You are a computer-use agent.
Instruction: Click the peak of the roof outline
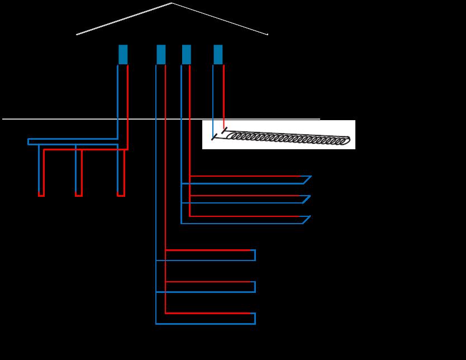(172, 3)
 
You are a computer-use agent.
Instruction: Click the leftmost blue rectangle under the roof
(123, 55)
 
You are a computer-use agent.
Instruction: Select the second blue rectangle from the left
(161, 55)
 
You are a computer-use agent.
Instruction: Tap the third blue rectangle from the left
(186, 55)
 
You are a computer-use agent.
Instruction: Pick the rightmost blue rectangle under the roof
(218, 55)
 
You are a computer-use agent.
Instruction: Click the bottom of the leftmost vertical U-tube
(41, 195)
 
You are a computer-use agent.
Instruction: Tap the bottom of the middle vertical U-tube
(79, 195)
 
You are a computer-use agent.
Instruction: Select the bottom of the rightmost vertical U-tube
(121, 195)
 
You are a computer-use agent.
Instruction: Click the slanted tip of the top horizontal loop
(307, 179)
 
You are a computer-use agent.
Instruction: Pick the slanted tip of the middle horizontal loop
(306, 200)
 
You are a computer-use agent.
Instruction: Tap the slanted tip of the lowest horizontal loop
(306, 220)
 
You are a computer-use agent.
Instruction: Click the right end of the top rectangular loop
(255, 255)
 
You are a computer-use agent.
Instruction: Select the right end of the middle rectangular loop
(255, 287)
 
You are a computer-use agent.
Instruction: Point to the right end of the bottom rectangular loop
(255, 319)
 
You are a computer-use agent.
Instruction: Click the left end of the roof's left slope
(77, 35)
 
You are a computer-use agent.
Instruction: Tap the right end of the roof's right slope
(268, 35)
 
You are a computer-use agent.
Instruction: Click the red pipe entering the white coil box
(224, 125)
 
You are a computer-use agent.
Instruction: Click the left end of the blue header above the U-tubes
(28, 141)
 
